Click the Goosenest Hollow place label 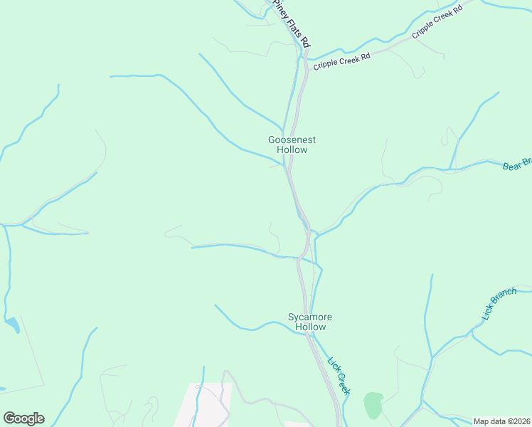coord(292,145)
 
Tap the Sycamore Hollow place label coord(310,322)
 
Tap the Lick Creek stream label coord(339,375)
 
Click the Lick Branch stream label coord(498,304)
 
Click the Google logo coord(23,418)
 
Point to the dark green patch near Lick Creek coord(373,404)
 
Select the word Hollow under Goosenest coord(292,150)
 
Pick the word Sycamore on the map coord(310,317)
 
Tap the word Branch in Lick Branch coord(503,297)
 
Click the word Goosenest coord(292,140)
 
